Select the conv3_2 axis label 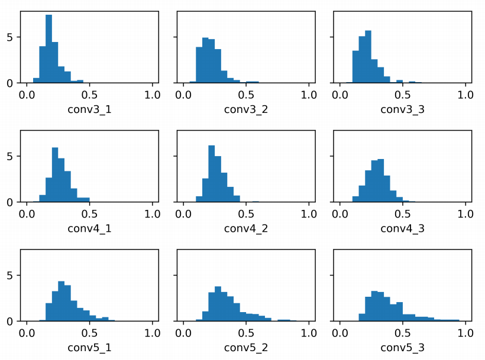(245, 109)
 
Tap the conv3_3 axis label (402, 109)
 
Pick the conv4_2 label (245, 228)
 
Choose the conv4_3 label (402, 228)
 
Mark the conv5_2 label (245, 348)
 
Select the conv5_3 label (402, 348)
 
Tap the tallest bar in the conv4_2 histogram (211, 174)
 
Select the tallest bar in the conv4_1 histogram (55, 175)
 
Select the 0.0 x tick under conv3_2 (183, 94)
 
